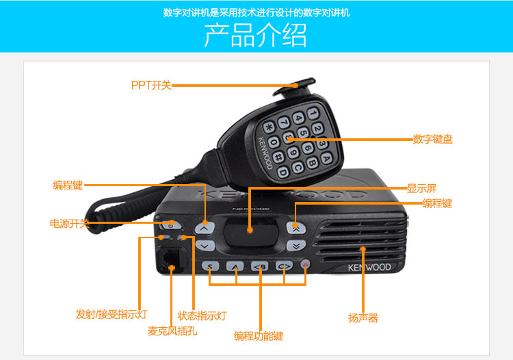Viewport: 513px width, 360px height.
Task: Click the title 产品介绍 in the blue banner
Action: click(x=256, y=35)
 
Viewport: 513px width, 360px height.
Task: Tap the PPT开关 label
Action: click(x=151, y=85)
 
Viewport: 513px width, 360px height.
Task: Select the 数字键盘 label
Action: click(x=432, y=139)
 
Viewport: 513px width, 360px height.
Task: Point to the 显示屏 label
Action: click(x=422, y=188)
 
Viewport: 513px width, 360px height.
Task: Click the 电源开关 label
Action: click(x=69, y=224)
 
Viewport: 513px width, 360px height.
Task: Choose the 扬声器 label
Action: click(x=363, y=318)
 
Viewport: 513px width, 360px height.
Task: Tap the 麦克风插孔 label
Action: click(x=172, y=331)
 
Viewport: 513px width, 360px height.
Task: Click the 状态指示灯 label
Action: click(x=202, y=316)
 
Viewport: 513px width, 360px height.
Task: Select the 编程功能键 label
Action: click(x=258, y=336)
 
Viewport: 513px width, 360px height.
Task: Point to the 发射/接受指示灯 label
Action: click(x=111, y=314)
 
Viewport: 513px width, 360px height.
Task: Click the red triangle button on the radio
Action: click(x=305, y=263)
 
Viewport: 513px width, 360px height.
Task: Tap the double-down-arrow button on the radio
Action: click(x=296, y=246)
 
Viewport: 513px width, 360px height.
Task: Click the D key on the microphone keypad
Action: click(x=282, y=172)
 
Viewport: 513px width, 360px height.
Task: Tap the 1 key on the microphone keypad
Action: click(x=313, y=114)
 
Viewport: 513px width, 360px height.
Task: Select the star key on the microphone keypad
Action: click(x=269, y=127)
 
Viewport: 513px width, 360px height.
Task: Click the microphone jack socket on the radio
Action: click(x=170, y=260)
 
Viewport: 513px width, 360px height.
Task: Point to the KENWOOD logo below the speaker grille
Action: click(x=369, y=268)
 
